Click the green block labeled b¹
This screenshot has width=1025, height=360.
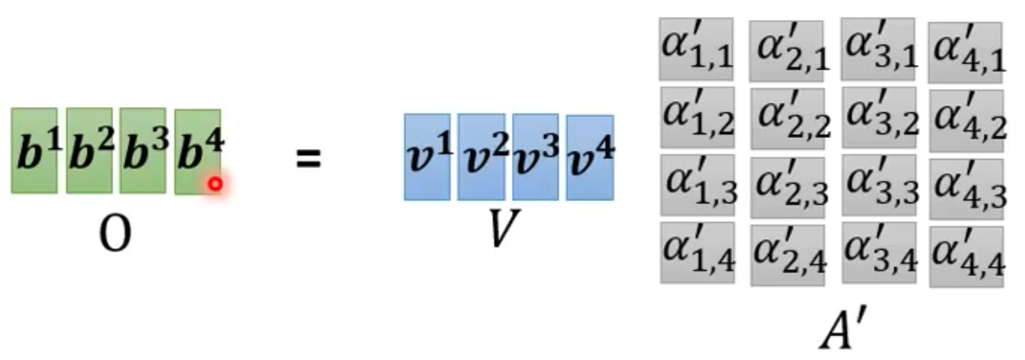coord(34,150)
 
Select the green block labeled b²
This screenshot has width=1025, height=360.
coord(89,150)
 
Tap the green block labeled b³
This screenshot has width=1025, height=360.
coord(143,150)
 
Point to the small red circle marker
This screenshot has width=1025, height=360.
coord(215,185)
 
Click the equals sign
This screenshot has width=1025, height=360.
coord(307,158)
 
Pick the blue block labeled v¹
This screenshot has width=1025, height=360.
coord(427,156)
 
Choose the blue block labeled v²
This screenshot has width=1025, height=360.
coord(481,156)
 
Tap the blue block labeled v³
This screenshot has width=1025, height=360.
coord(535,156)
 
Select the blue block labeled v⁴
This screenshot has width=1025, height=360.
coord(589,157)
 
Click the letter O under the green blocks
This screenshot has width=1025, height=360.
coord(114,234)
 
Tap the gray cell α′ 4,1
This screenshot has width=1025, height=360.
coord(965,53)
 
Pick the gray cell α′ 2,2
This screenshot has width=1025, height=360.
coord(787,119)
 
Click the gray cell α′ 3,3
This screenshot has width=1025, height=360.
coord(878,185)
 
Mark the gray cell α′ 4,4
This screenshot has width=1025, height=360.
coord(966,256)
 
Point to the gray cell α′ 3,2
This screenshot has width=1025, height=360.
coord(878,117)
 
